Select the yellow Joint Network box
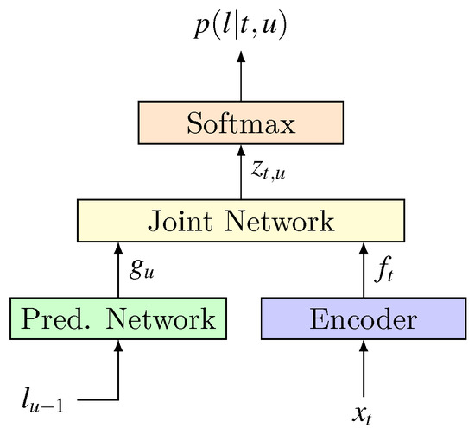[x=241, y=221]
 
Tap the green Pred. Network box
[x=118, y=318]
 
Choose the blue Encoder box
[x=363, y=318]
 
